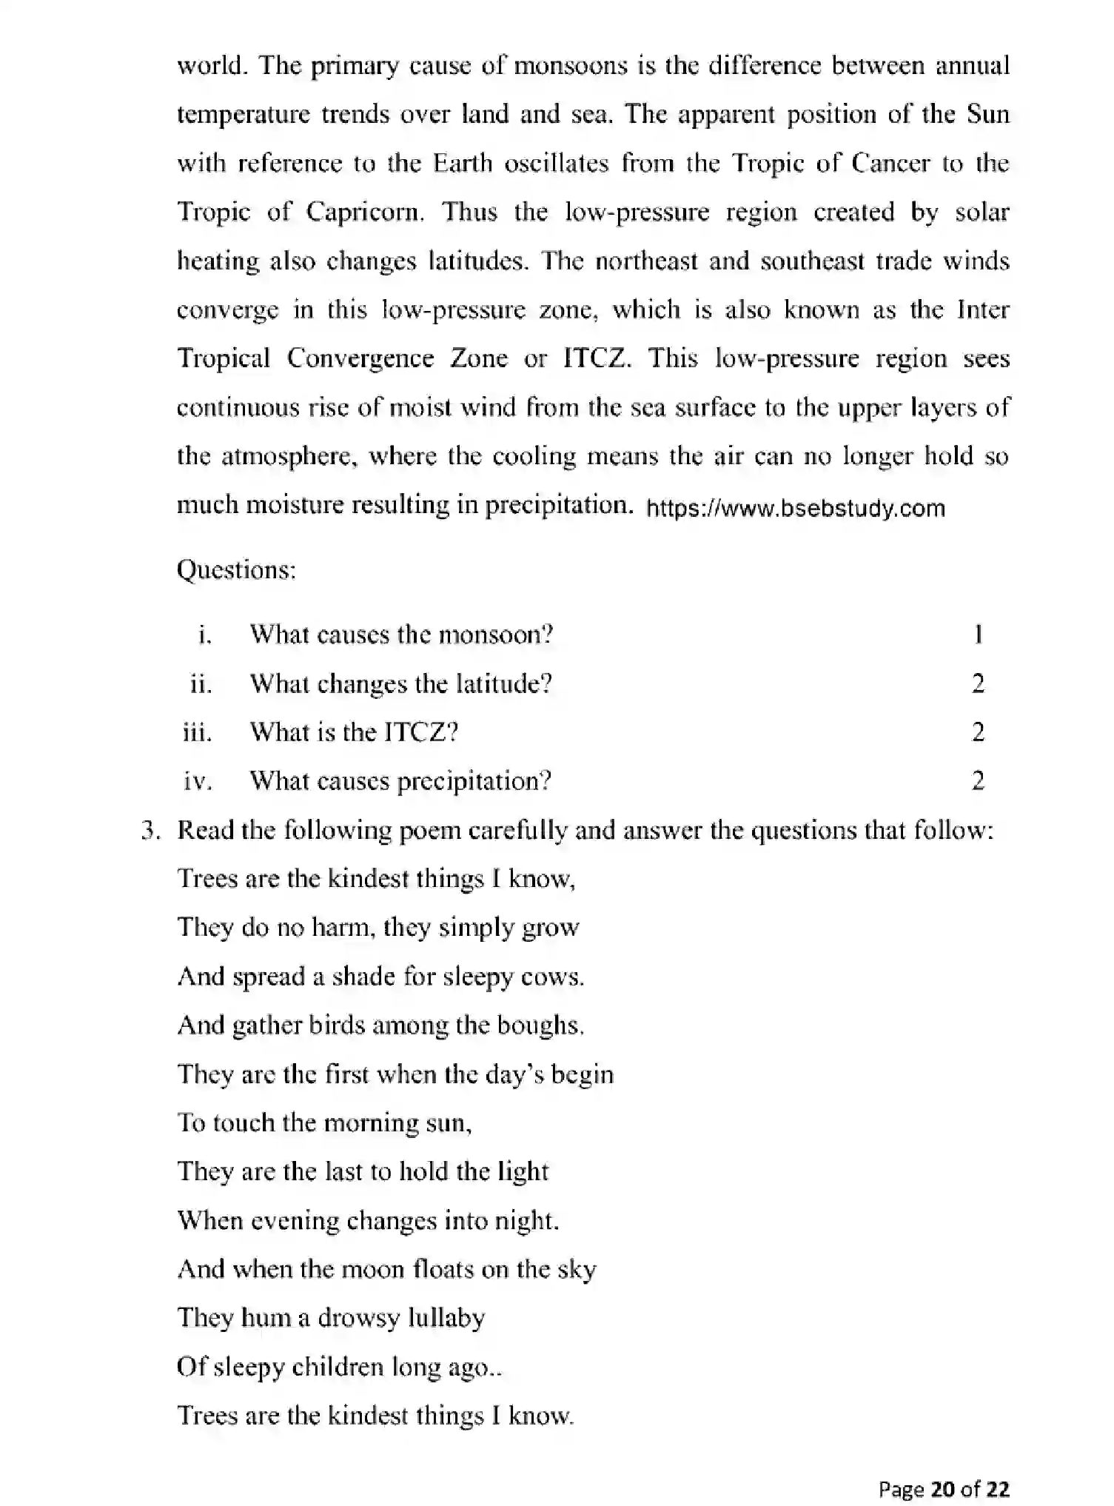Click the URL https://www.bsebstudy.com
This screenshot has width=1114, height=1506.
pos(796,509)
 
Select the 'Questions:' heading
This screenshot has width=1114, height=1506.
pos(236,570)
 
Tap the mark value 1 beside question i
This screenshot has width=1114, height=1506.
pos(978,635)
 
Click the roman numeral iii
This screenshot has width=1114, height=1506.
pos(197,733)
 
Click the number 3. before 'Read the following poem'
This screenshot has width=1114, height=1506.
pos(150,831)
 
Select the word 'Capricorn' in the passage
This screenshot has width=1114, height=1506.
pos(363,213)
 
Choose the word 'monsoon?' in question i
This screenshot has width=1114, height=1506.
pos(495,635)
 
